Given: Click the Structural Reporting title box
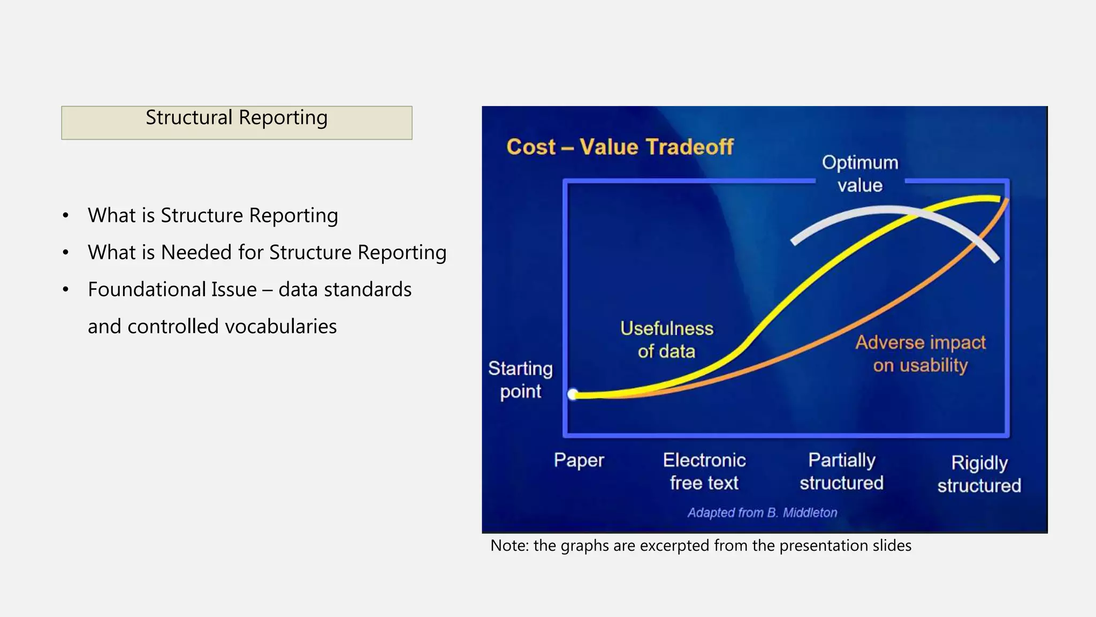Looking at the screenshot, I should pyautogui.click(x=237, y=123).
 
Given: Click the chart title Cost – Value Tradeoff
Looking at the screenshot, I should pyautogui.click(x=619, y=147).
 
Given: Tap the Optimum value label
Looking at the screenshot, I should pyautogui.click(x=860, y=174).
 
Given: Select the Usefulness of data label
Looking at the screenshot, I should pyautogui.click(x=667, y=340).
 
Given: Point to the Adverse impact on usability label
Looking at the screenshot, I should pyautogui.click(x=920, y=353).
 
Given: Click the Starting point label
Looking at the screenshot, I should pyautogui.click(x=520, y=380).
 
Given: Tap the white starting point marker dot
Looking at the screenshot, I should pyautogui.click(x=573, y=395).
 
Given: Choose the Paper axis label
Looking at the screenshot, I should pyautogui.click(x=579, y=460).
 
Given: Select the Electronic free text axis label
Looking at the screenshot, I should pyautogui.click(x=704, y=471).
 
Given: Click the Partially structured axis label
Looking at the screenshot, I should pyautogui.click(x=841, y=471).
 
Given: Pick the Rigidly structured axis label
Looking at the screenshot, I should pyautogui.click(x=979, y=474).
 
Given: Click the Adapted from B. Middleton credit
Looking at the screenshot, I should pyautogui.click(x=762, y=513).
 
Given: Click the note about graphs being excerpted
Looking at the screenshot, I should pyautogui.click(x=701, y=545).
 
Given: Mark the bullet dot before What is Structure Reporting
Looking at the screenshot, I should pyautogui.click(x=66, y=215).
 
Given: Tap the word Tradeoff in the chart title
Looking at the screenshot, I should pyautogui.click(x=690, y=147).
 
